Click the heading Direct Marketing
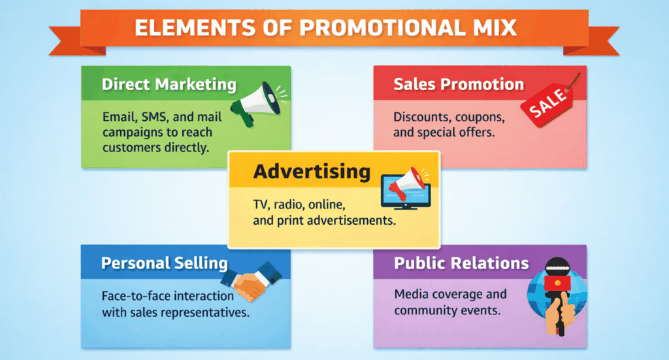[169, 84]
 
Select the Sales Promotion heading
[458, 84]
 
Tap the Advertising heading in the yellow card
[312, 172]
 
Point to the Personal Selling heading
[164, 263]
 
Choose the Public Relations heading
[461, 263]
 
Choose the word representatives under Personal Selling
[210, 312]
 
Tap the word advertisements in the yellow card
[350, 220]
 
